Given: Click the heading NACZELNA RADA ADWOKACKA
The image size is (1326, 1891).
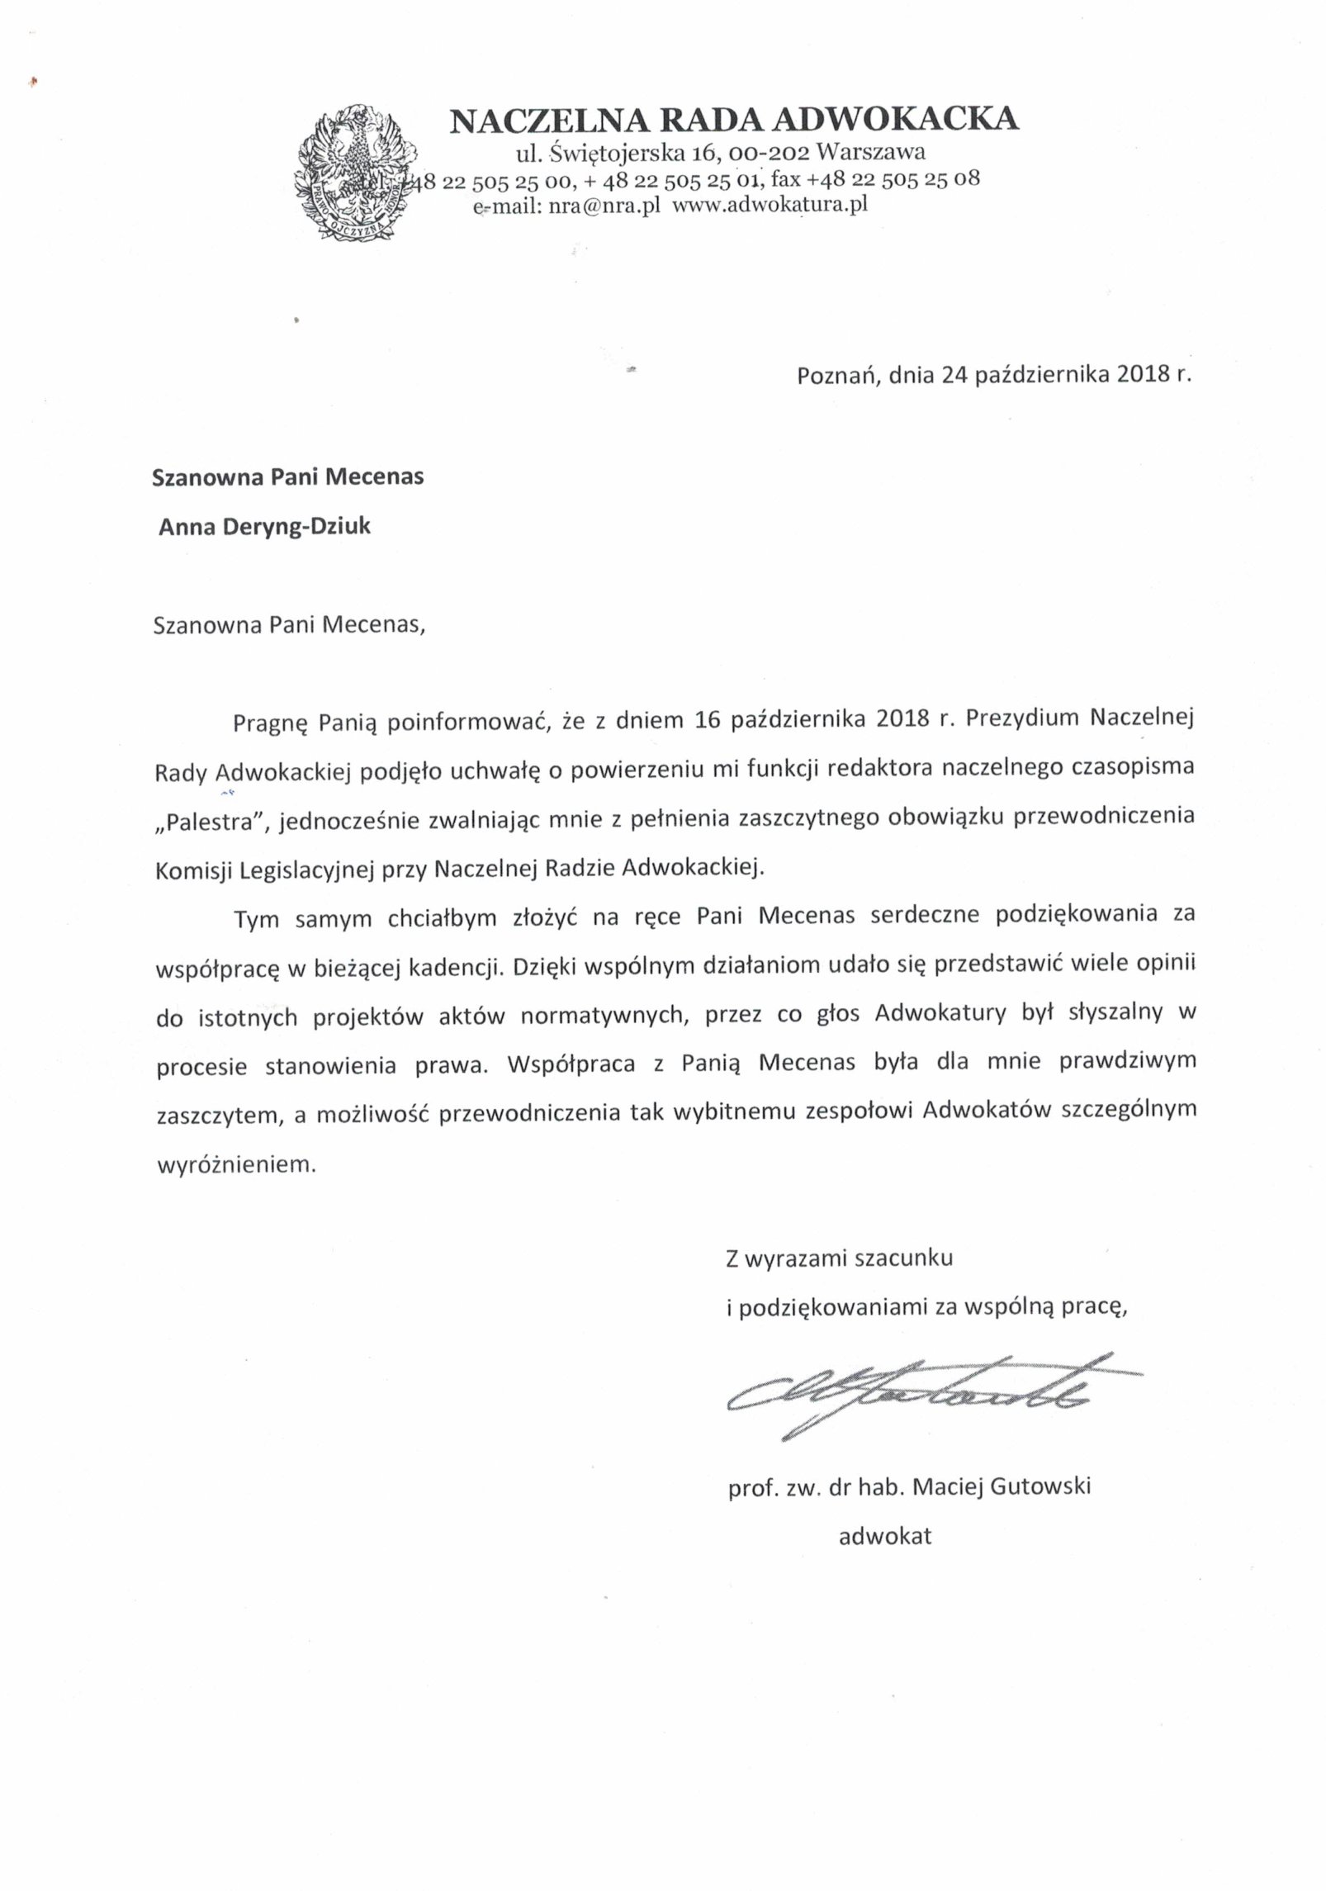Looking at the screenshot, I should pos(734,120).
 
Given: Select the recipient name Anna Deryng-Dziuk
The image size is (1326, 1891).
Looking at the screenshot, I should pos(265,527).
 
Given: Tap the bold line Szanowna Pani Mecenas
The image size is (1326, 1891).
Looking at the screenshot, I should pos(288,477).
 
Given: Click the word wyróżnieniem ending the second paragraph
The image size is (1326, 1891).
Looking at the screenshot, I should pos(235,1165).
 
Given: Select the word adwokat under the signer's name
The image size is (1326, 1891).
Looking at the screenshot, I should pos(885,1537).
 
